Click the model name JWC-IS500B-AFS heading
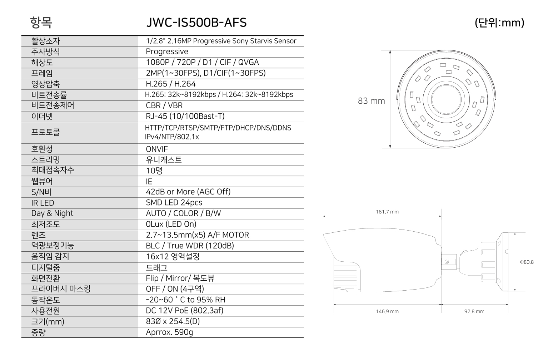[x=196, y=23]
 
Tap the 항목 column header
[x=41, y=23]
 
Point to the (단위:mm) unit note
[x=499, y=23]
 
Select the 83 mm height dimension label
[x=372, y=101]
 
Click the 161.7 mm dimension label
[x=387, y=212]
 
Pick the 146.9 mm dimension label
[x=387, y=311]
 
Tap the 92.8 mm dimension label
[x=474, y=311]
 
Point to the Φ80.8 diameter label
[x=527, y=262]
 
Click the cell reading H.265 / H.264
[x=171, y=84]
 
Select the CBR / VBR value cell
[x=164, y=105]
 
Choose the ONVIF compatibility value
[x=156, y=149]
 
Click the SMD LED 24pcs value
[x=174, y=203]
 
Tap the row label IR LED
[x=43, y=203]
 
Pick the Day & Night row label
[x=52, y=213]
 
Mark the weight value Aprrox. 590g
[x=169, y=332]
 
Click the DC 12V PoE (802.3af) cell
[x=184, y=311]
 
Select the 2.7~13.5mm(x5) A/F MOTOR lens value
[x=197, y=235]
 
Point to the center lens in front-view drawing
[x=446, y=100]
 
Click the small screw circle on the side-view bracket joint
[x=447, y=262]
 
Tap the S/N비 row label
[x=41, y=192]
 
